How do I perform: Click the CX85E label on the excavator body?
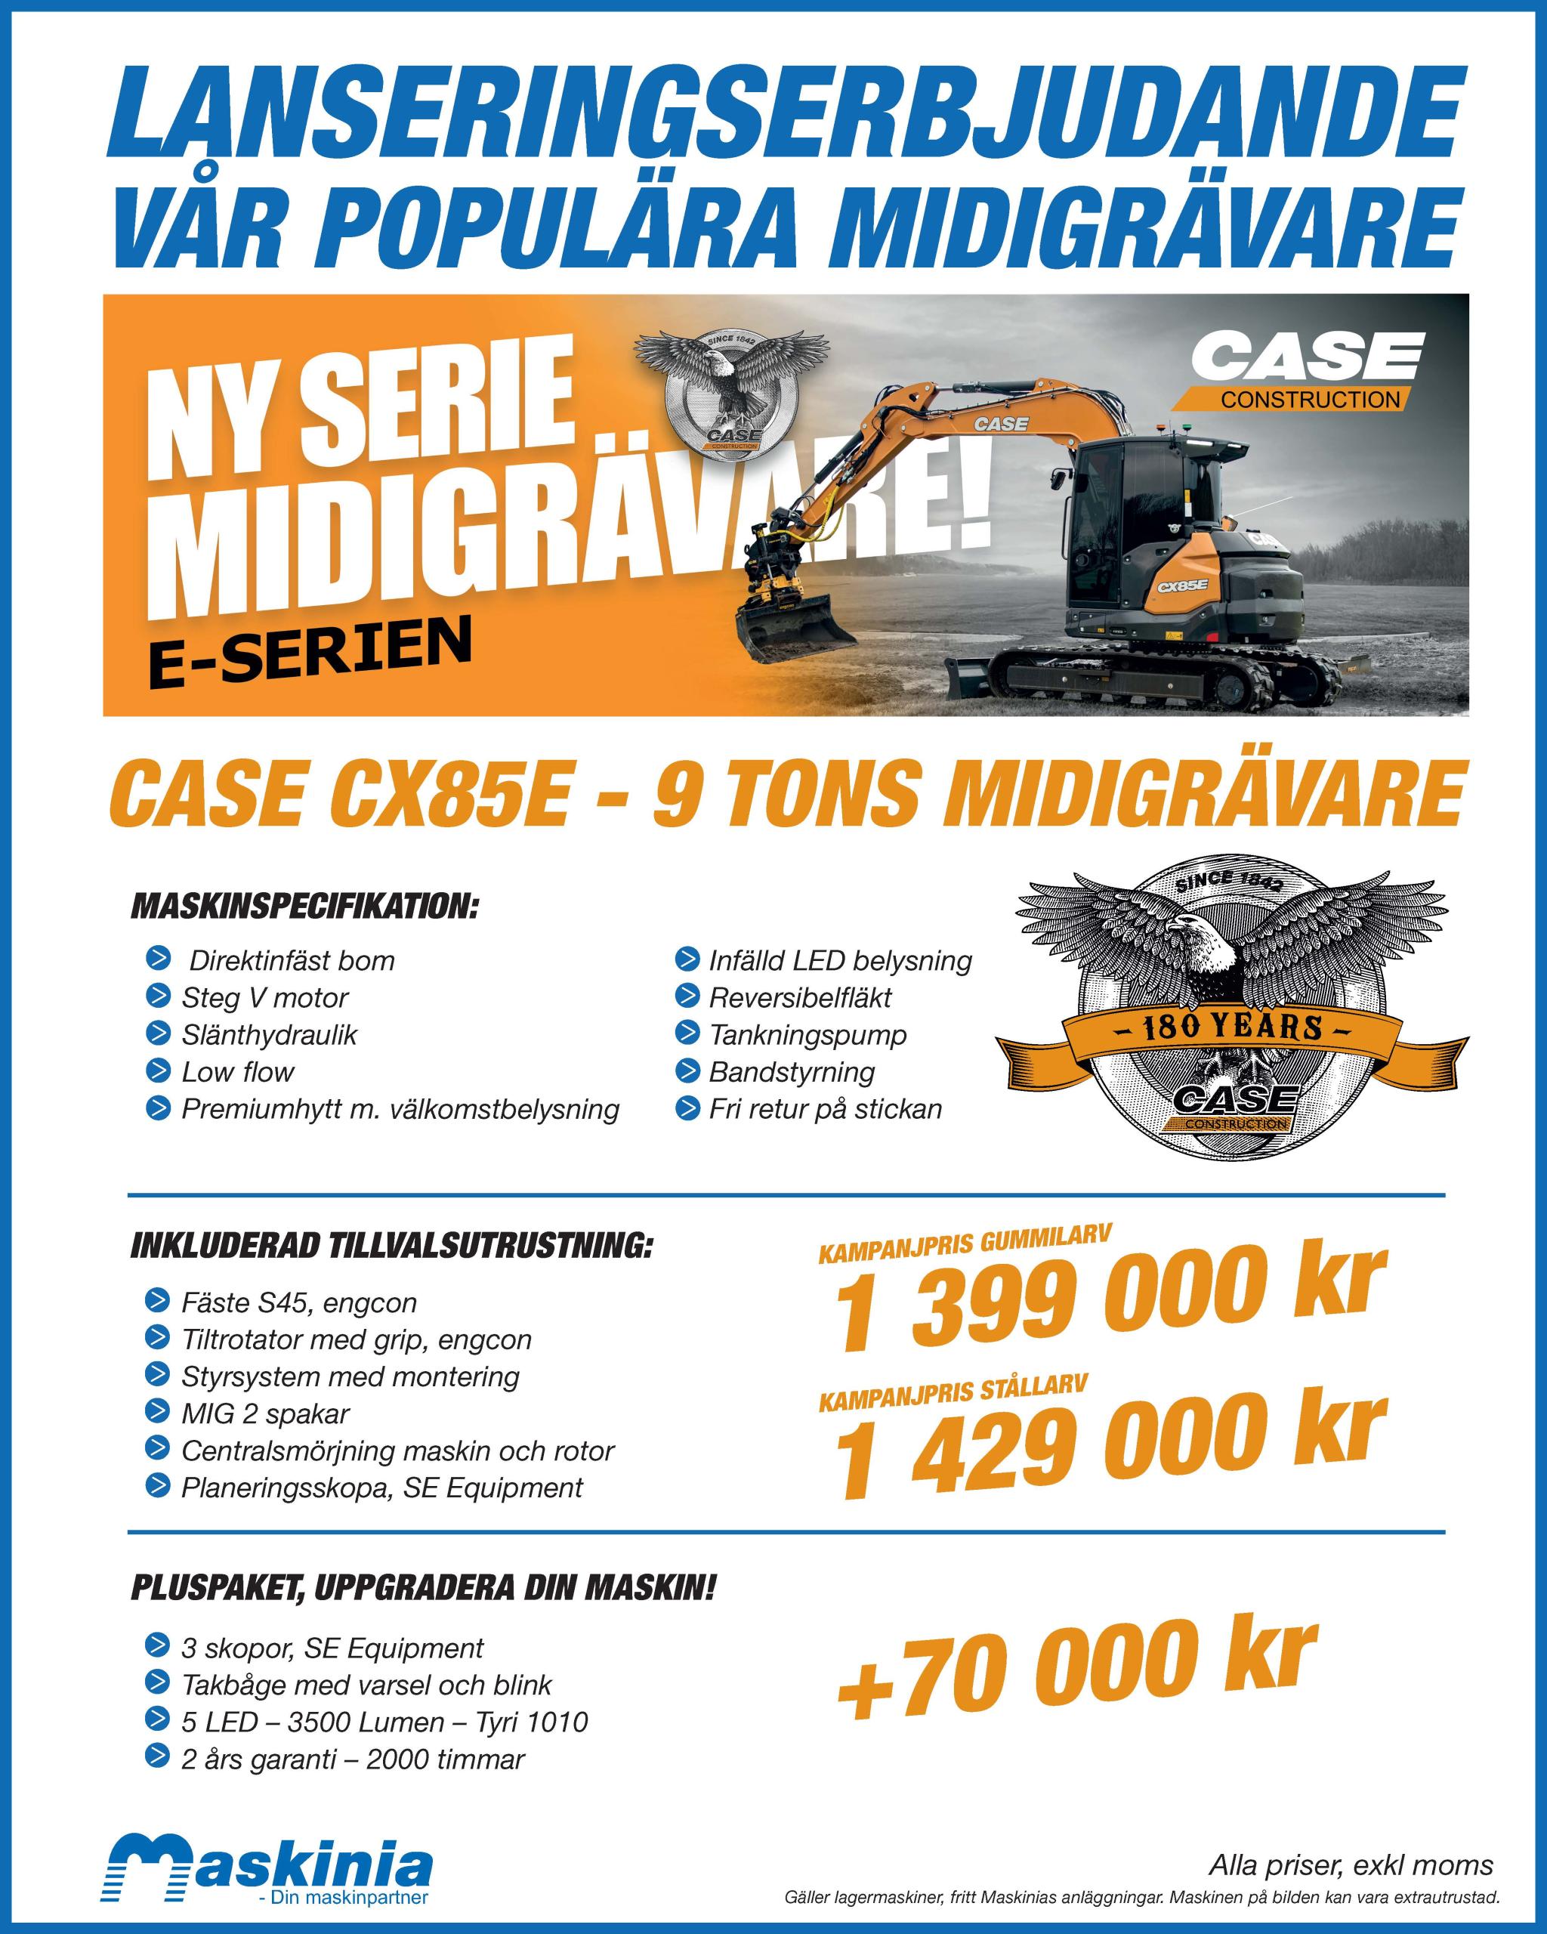point(1182,585)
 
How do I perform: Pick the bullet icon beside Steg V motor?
point(157,996)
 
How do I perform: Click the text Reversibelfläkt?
point(800,997)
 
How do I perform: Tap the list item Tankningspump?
point(807,1034)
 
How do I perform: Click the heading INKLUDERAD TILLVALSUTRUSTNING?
point(391,1246)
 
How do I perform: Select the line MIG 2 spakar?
point(264,1413)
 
